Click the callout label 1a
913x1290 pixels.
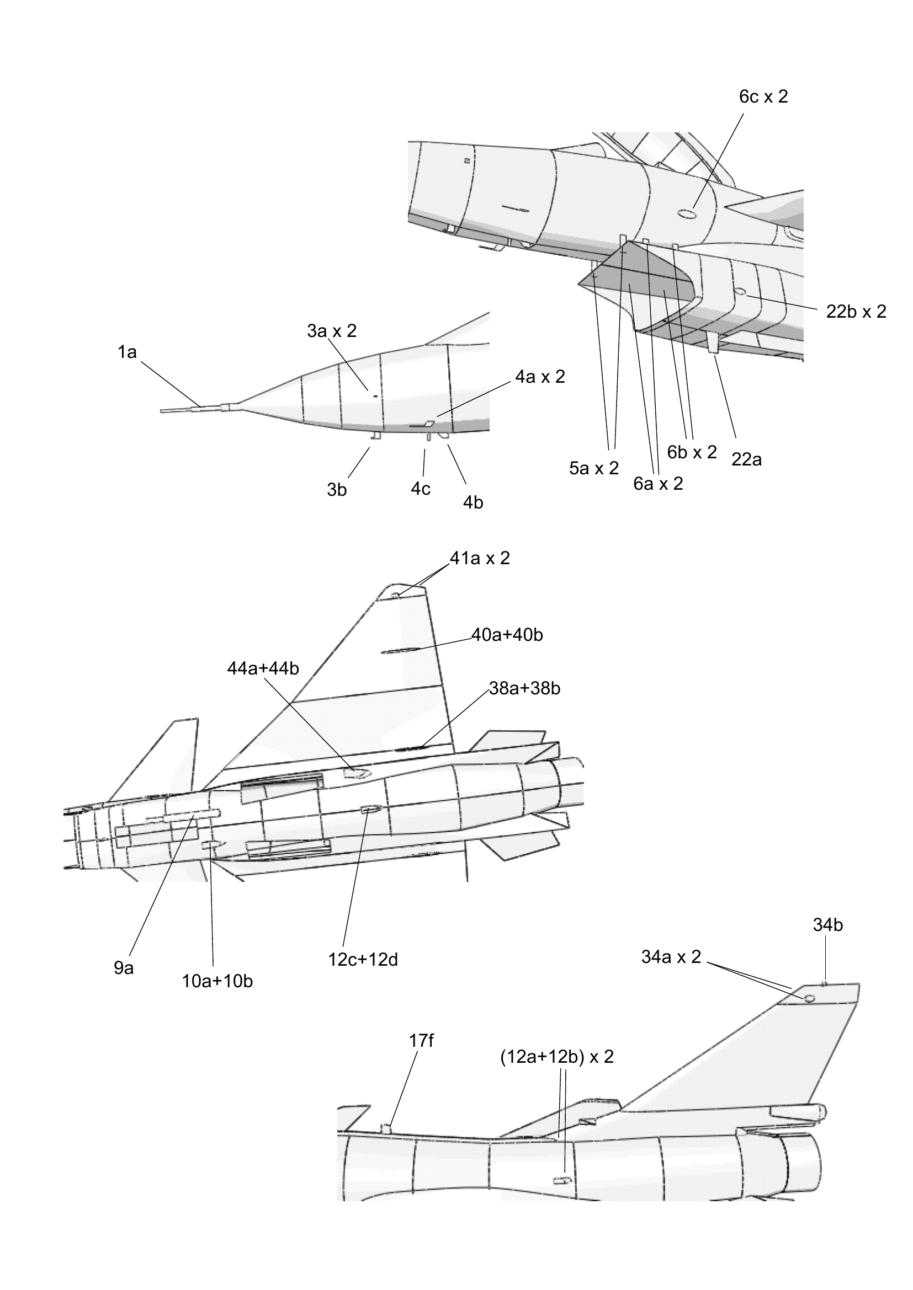[127, 353]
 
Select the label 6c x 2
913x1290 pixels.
[763, 97]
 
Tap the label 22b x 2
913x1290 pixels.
[856, 311]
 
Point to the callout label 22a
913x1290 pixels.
[747, 459]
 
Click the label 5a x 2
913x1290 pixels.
[594, 468]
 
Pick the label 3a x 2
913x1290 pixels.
[332, 331]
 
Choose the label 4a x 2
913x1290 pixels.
[540, 377]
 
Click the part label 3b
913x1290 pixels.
[337, 490]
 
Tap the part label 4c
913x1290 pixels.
[421, 489]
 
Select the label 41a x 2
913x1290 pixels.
[480, 558]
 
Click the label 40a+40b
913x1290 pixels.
[507, 635]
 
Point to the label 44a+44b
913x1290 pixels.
[263, 668]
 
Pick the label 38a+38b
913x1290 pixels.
[524, 688]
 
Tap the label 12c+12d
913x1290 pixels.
[363, 959]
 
